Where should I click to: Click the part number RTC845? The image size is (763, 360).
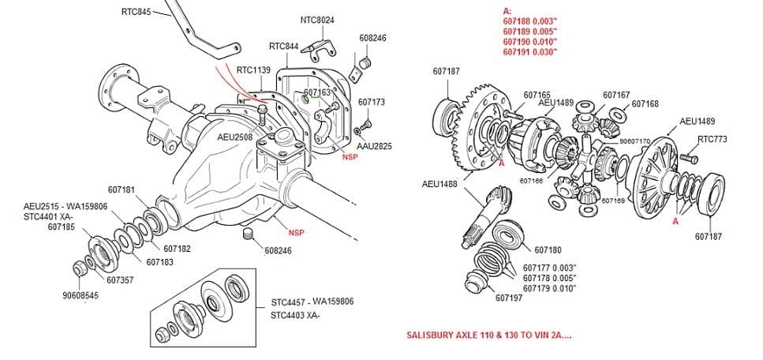pyautogui.click(x=137, y=12)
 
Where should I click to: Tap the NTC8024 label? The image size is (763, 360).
pyautogui.click(x=317, y=20)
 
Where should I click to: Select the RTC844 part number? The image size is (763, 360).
pyautogui.click(x=283, y=46)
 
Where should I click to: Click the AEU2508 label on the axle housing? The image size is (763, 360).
pyautogui.click(x=235, y=137)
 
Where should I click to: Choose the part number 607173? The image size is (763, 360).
pyautogui.click(x=371, y=102)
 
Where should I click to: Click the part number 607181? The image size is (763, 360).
pyautogui.click(x=122, y=189)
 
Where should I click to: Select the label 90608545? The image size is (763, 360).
pyautogui.click(x=80, y=295)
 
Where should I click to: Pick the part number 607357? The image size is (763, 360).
pyautogui.click(x=120, y=279)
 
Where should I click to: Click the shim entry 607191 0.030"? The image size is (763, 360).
pyautogui.click(x=530, y=52)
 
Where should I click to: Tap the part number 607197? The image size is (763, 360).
pyautogui.click(x=509, y=298)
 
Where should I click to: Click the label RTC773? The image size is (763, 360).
pyautogui.click(x=713, y=140)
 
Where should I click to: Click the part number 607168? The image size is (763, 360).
pyautogui.click(x=645, y=103)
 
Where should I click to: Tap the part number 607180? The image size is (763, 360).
pyautogui.click(x=548, y=250)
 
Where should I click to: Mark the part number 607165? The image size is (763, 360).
pyautogui.click(x=537, y=95)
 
